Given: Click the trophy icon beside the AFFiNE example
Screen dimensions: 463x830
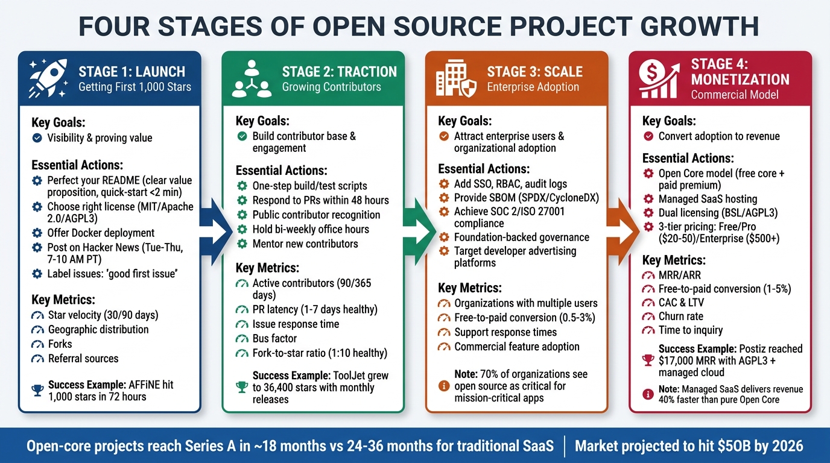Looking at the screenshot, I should pos(37,391).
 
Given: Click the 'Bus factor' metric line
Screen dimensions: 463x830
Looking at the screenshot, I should pos(274,338).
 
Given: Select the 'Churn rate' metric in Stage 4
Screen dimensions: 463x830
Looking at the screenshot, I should pos(680,316).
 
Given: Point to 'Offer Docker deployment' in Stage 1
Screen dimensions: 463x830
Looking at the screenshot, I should pos(101,233).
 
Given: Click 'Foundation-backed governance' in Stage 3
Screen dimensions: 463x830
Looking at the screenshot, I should pos(522,237).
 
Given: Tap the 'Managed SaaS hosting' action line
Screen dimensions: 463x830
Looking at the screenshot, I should pos(708,199).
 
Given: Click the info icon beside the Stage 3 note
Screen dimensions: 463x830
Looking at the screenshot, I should pos(445,386).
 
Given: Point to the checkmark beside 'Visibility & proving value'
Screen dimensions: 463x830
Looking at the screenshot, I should pos(37,138).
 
